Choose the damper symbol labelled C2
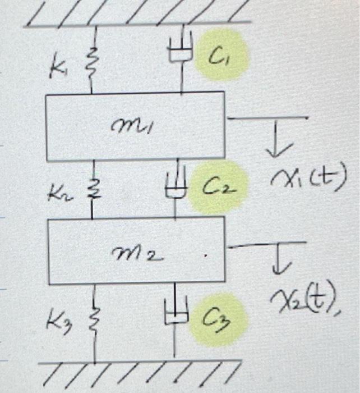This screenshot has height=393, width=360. (175, 187)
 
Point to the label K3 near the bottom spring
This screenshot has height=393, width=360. (58, 324)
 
